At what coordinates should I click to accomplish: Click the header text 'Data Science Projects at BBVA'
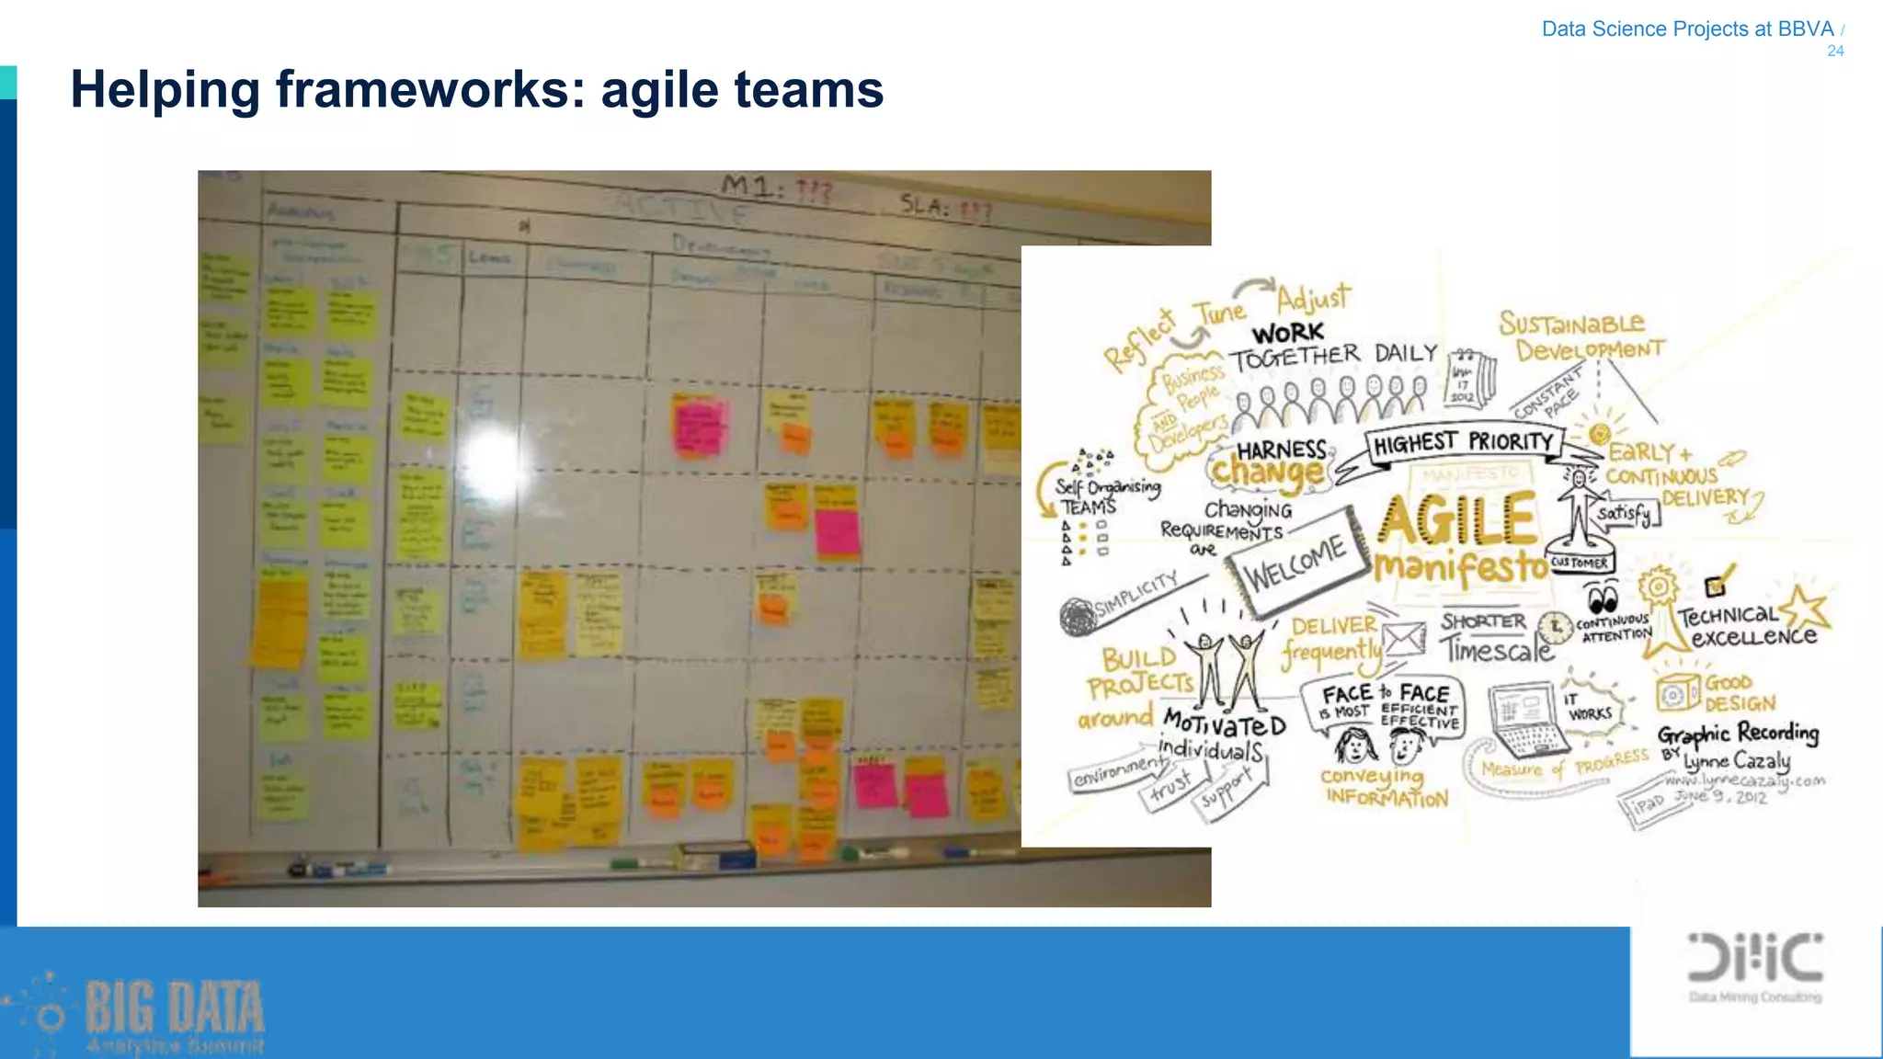pyautogui.click(x=1687, y=29)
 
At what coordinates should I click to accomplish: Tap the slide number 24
pyautogui.click(x=1835, y=51)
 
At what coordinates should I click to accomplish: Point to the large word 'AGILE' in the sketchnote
pyautogui.click(x=1457, y=519)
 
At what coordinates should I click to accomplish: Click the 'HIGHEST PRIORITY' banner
pyautogui.click(x=1463, y=443)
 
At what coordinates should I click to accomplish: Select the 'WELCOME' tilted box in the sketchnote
pyautogui.click(x=1295, y=562)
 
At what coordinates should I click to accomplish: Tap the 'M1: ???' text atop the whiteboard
pyautogui.click(x=777, y=189)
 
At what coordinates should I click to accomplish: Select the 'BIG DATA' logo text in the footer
pyautogui.click(x=175, y=1008)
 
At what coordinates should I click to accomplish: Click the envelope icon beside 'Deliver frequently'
pyautogui.click(x=1405, y=639)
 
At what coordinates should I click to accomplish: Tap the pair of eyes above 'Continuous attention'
pyautogui.click(x=1603, y=600)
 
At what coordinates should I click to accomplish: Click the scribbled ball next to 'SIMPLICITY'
pyautogui.click(x=1078, y=617)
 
